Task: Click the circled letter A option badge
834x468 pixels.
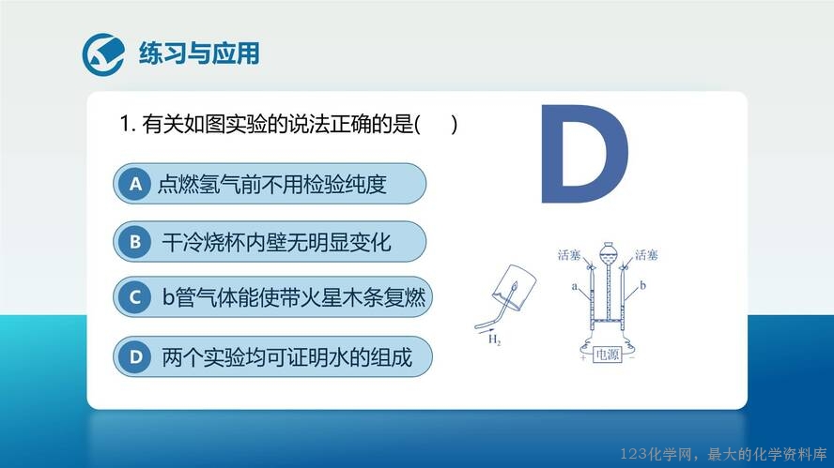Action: click(135, 184)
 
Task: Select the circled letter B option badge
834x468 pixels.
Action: click(135, 242)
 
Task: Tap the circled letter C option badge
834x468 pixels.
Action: click(135, 297)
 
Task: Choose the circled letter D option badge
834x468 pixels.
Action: click(135, 356)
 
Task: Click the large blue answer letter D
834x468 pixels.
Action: click(584, 154)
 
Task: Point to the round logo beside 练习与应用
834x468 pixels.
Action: click(103, 54)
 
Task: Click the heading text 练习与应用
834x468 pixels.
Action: click(199, 53)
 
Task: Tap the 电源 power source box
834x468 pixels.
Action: click(607, 355)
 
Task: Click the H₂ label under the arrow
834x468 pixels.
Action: click(494, 340)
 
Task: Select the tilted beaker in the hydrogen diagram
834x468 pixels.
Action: click(514, 287)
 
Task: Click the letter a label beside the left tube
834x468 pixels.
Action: click(575, 287)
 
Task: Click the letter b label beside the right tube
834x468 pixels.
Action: click(642, 285)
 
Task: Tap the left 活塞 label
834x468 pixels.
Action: click(568, 255)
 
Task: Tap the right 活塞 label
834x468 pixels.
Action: click(646, 255)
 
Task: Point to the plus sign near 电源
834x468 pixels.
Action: click(583, 358)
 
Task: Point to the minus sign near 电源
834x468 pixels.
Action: click(631, 358)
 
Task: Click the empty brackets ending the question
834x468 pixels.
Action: click(436, 125)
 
